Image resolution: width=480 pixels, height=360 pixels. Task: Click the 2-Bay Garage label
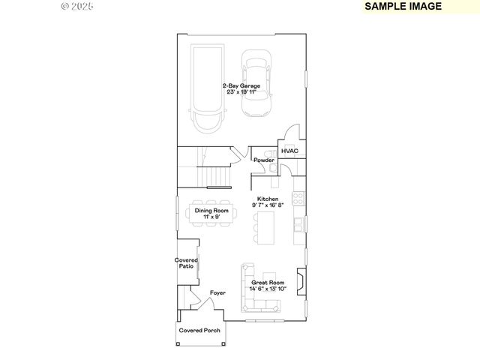coord(241,86)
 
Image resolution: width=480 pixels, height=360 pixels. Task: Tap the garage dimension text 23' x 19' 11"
coord(241,92)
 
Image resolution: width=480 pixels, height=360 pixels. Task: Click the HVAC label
coord(289,151)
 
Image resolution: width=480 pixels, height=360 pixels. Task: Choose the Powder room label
coord(263,160)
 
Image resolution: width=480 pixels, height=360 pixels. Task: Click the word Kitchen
coord(268,199)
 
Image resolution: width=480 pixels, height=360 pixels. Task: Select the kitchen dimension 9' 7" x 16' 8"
coord(268,205)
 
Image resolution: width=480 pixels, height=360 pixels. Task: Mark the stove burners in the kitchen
coord(298,199)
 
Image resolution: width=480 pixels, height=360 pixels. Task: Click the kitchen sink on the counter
coord(299,223)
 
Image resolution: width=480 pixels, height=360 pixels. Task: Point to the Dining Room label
coord(211,211)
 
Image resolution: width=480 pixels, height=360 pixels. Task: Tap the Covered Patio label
coord(187,263)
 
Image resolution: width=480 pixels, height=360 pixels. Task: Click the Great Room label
coord(268,283)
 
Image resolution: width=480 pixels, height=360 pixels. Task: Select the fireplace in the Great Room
coord(301,283)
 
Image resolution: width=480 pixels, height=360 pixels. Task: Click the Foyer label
coord(217,293)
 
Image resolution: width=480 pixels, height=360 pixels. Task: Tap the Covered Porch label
coord(199,330)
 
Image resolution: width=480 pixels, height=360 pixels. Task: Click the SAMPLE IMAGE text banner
coord(403,6)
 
